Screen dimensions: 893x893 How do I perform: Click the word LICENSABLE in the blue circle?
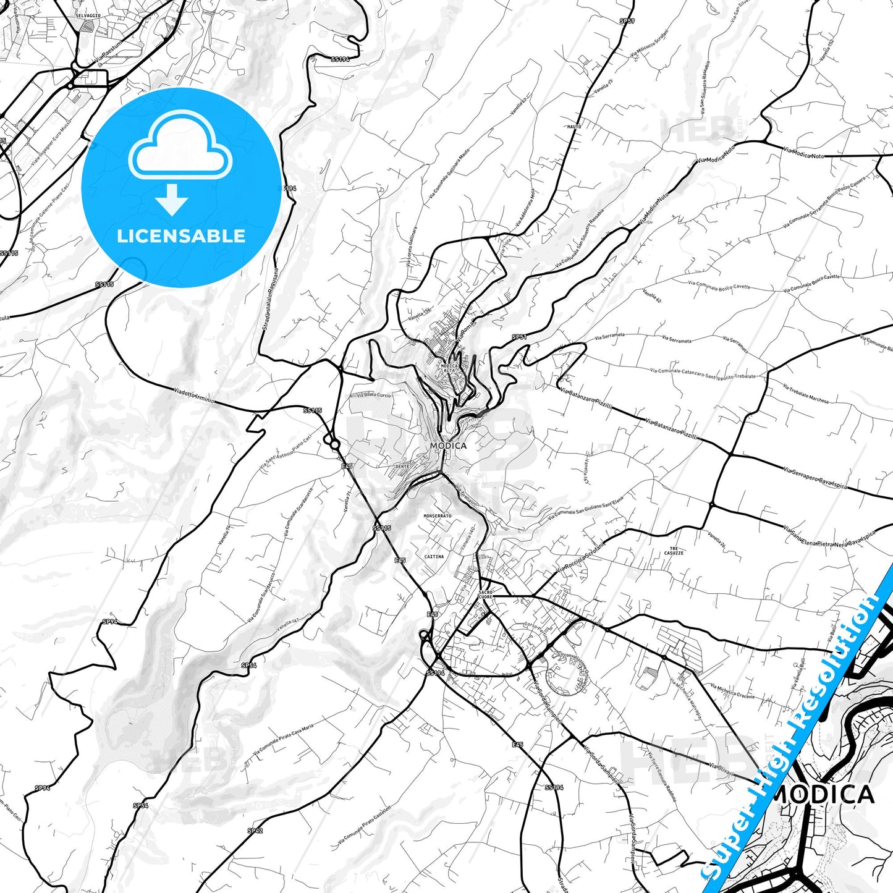(181, 236)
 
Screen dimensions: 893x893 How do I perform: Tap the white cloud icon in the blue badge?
(180, 146)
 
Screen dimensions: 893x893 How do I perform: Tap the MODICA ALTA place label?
(449, 368)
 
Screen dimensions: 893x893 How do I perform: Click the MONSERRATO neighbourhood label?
(438, 515)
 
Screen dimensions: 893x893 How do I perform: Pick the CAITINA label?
(434, 556)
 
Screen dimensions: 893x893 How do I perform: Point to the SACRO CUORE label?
(486, 595)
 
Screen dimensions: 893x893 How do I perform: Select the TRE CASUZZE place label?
(674, 551)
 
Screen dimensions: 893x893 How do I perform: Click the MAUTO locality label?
(574, 127)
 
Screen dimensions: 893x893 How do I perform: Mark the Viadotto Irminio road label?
(193, 396)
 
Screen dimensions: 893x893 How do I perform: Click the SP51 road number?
(519, 337)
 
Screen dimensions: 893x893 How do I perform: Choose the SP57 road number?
(627, 21)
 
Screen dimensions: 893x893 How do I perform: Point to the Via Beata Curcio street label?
(373, 394)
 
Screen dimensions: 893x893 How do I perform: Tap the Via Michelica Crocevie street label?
(732, 691)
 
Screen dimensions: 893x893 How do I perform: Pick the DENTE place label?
(402, 466)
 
